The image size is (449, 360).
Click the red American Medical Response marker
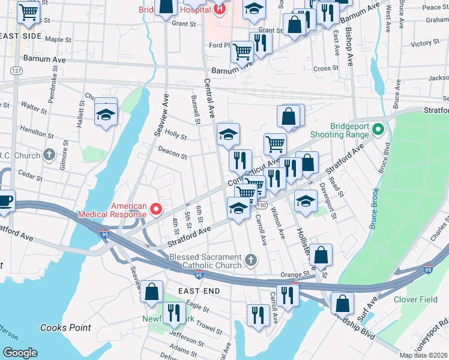(x=156, y=209)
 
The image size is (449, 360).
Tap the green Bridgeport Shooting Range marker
(x=378, y=129)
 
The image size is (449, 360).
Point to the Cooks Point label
(x=66, y=328)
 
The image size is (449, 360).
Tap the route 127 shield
(x=16, y=71)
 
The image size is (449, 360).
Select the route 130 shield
(x=262, y=205)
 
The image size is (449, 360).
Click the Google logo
(x=20, y=353)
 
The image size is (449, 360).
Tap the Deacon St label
(x=173, y=154)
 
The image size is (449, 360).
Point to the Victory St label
(x=426, y=43)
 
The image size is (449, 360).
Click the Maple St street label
(x=58, y=40)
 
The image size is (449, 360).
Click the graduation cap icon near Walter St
(x=106, y=114)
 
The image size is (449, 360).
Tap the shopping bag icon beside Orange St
(x=321, y=255)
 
